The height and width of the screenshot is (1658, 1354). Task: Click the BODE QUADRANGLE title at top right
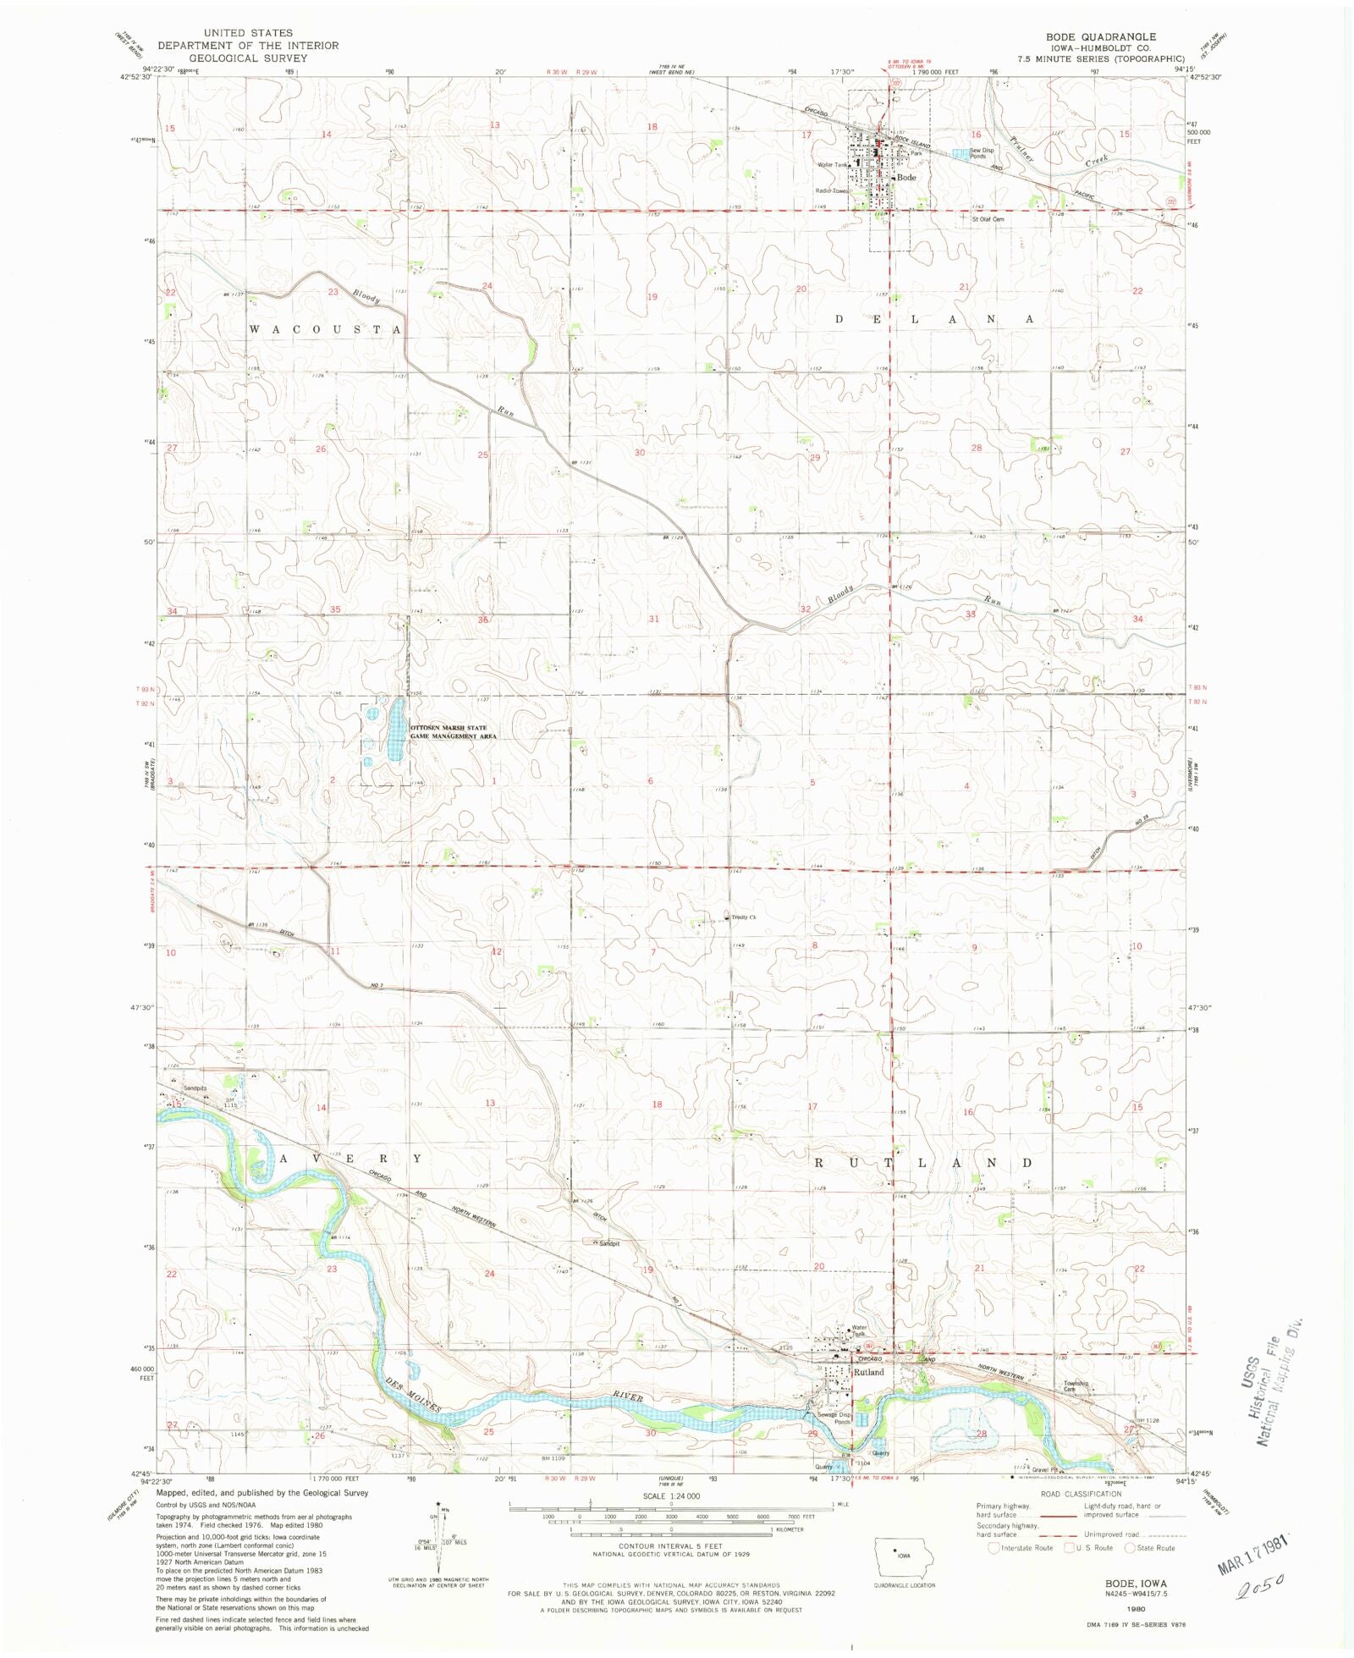[1100, 37]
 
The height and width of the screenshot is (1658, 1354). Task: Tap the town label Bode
[906, 178]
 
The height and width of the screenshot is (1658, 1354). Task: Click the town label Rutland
[868, 1372]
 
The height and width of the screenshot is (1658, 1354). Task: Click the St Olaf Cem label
[987, 219]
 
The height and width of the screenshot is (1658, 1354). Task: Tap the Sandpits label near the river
[195, 1088]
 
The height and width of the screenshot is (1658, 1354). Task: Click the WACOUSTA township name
[325, 328]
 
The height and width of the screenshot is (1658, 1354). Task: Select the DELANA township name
[934, 319]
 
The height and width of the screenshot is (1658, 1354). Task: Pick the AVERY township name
[350, 1158]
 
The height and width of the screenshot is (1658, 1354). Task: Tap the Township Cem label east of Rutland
[1076, 1387]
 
